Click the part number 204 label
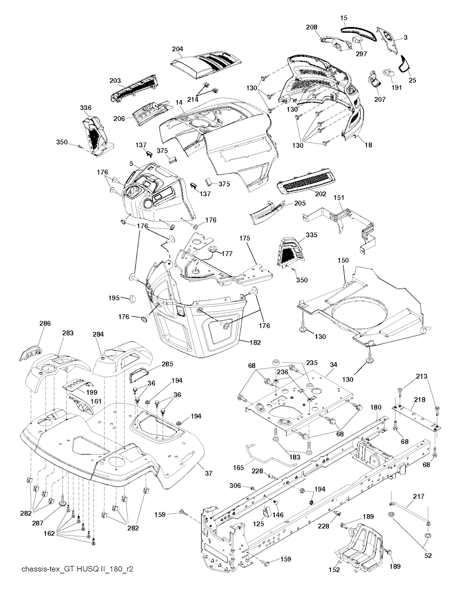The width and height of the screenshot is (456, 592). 177,49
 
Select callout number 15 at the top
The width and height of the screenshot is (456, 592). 344,18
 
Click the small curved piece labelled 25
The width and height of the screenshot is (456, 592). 404,64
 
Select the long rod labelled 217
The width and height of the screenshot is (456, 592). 410,512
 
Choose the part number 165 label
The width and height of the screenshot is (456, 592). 238,468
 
